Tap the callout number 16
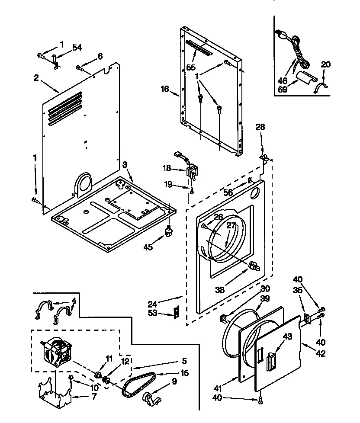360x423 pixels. tap(164, 89)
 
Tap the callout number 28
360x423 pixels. tap(260, 127)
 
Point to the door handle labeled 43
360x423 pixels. tap(271, 360)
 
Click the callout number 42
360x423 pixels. tap(321, 353)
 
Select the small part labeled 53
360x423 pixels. tap(176, 312)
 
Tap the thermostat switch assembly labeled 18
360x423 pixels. tap(190, 172)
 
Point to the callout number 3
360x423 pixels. tap(125, 165)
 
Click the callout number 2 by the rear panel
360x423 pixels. tap(37, 78)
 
